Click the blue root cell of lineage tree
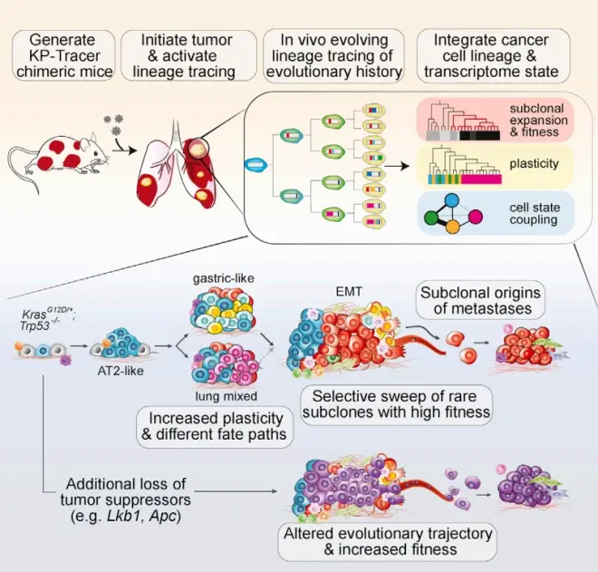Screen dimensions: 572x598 pos(256,164)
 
